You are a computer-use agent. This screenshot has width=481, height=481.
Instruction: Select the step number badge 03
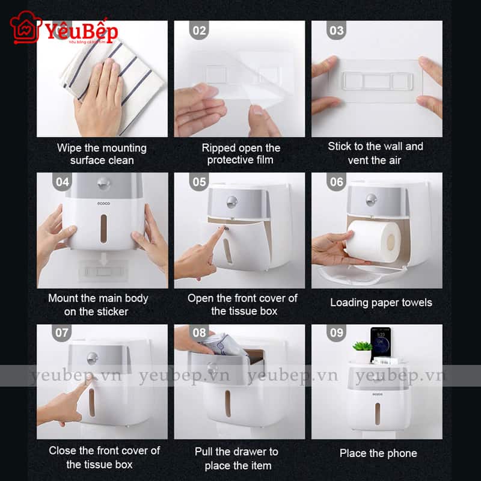click(337, 31)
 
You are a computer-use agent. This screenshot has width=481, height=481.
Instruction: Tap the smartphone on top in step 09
click(380, 343)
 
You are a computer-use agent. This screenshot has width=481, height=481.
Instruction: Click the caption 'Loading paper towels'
click(381, 302)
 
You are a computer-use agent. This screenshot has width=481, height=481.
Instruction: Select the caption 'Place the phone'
click(378, 453)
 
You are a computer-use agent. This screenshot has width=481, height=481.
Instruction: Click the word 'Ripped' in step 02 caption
click(218, 148)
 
